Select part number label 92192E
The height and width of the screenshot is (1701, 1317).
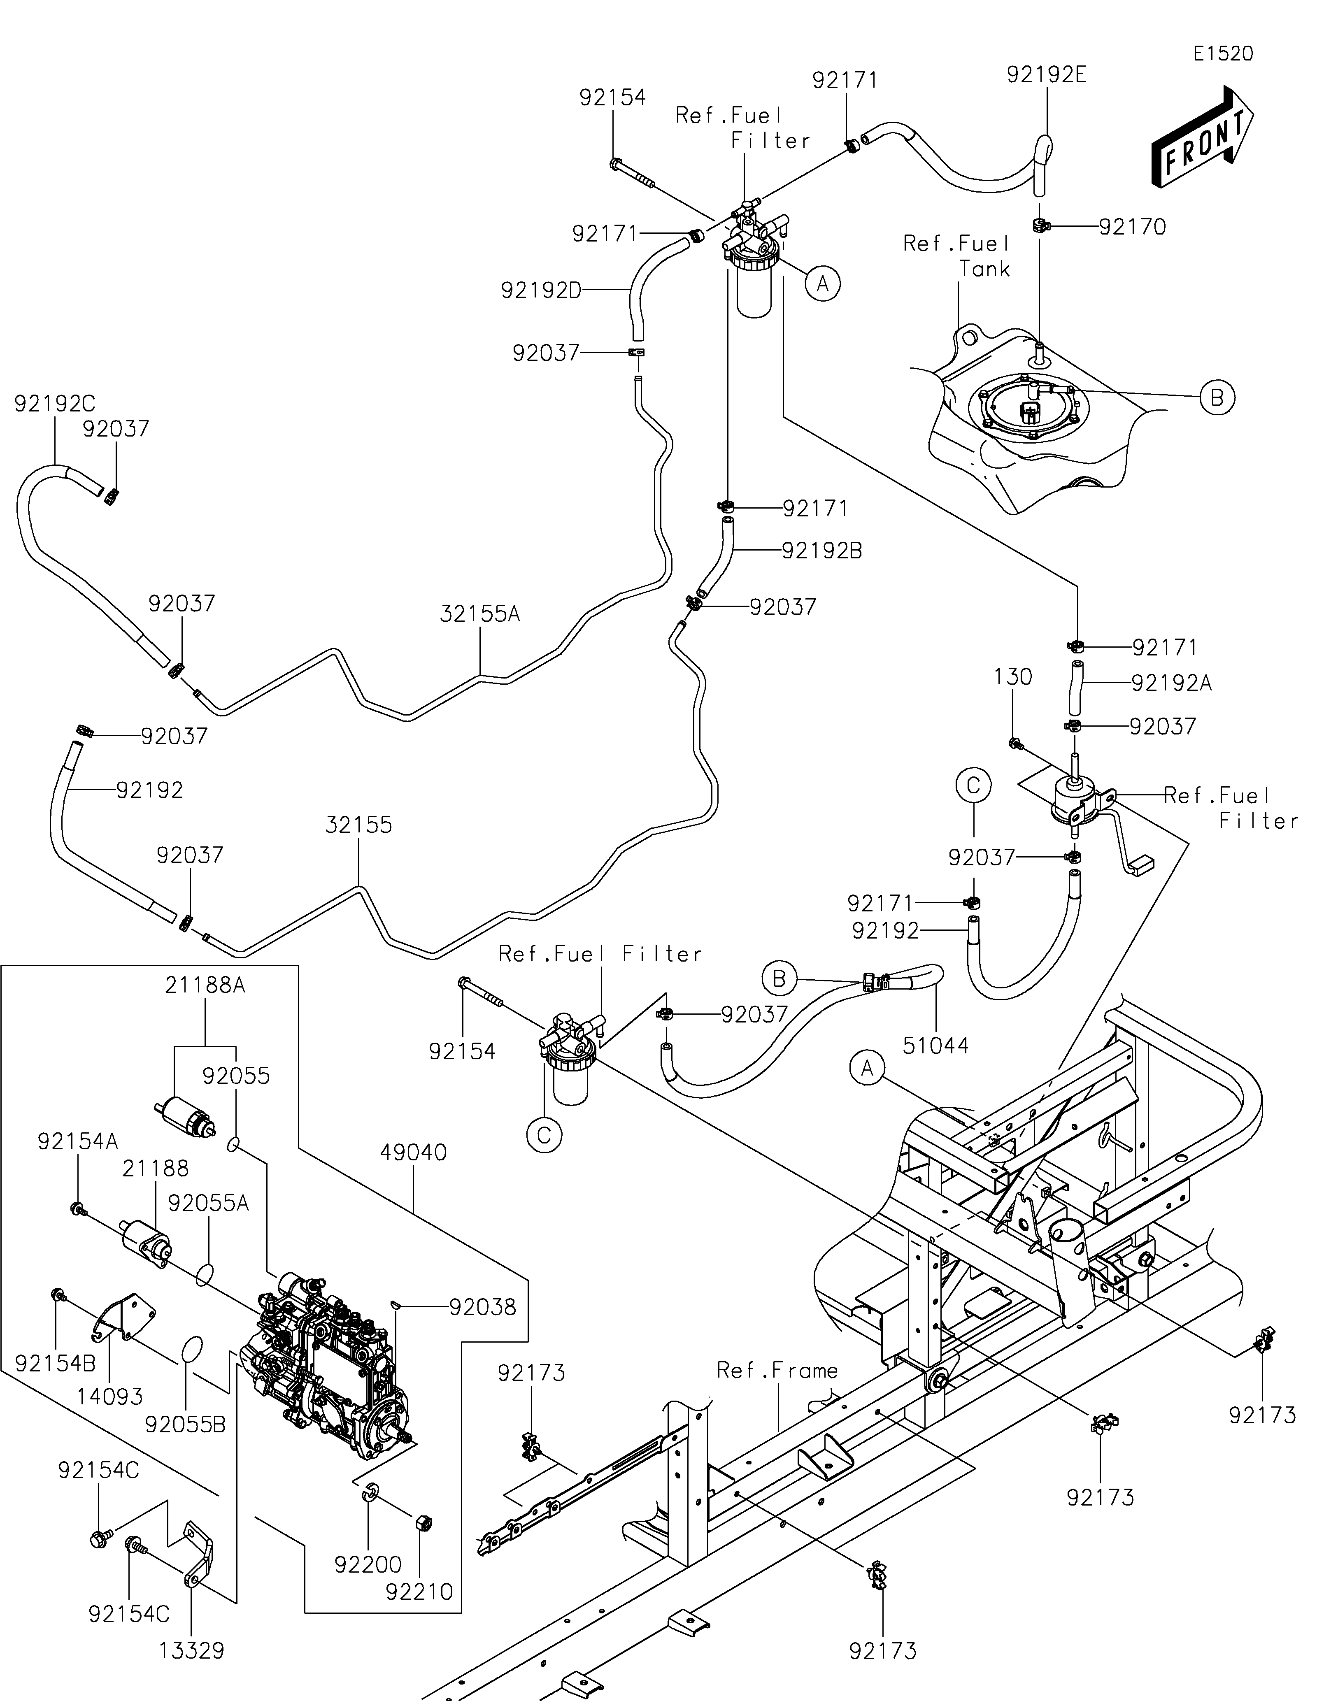click(x=1046, y=75)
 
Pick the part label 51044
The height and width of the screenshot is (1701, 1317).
click(x=935, y=1045)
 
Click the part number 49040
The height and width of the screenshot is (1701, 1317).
click(x=414, y=1152)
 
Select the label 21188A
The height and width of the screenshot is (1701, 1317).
click(x=205, y=985)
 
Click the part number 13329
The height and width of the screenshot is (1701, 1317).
click(x=192, y=1650)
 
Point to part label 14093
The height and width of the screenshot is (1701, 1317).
click(x=110, y=1396)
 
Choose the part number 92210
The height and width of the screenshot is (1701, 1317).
click(x=419, y=1591)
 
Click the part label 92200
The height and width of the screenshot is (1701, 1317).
click(x=368, y=1564)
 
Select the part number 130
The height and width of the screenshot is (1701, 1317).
click(x=1012, y=677)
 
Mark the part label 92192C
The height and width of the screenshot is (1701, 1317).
click(x=54, y=403)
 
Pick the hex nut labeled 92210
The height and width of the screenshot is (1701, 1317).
click(x=425, y=1523)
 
